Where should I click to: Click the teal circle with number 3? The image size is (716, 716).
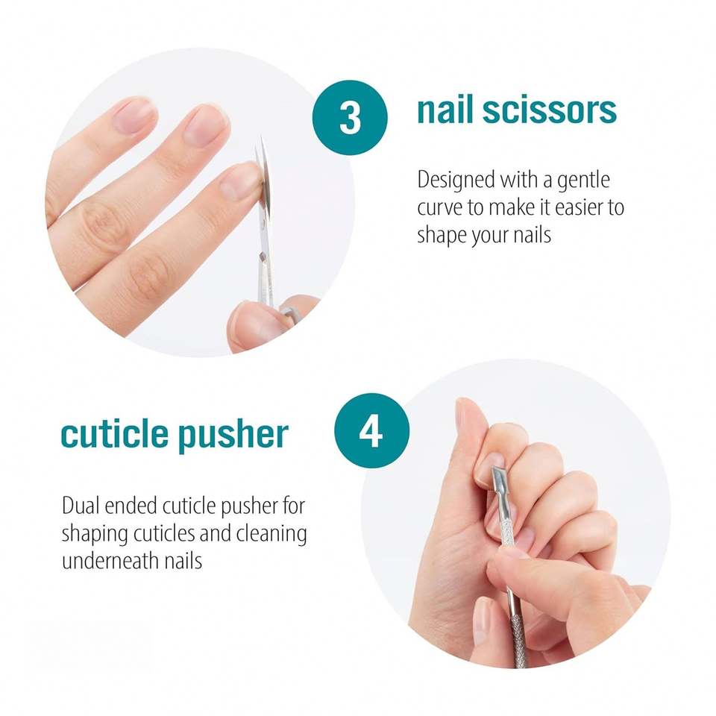pyautogui.click(x=350, y=117)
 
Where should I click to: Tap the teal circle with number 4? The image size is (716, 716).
pyautogui.click(x=371, y=430)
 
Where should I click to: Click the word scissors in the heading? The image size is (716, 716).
pyautogui.click(x=550, y=110)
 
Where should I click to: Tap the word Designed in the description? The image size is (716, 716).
pyautogui.click(x=456, y=180)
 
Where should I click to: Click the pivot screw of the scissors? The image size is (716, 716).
pyautogui.click(x=261, y=257)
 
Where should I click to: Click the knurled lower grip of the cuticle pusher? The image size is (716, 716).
pyautogui.click(x=518, y=639)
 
